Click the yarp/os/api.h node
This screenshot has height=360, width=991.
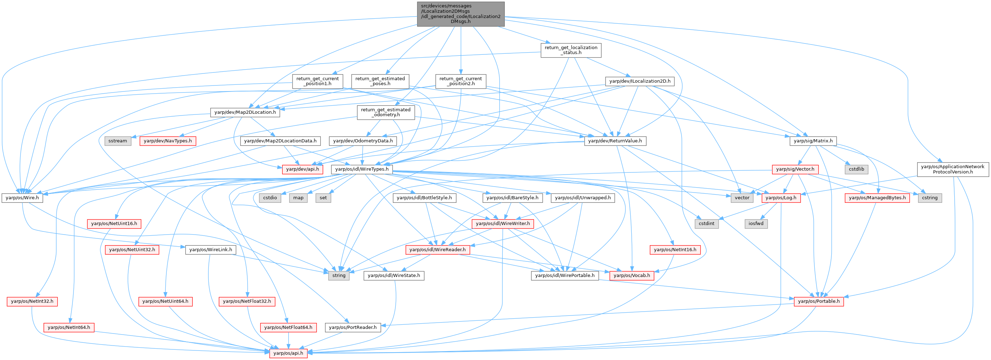coord(288,353)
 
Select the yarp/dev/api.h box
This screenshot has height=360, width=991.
coord(302,169)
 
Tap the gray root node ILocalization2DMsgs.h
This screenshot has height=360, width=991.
coord(460,14)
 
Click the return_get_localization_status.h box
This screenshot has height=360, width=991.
coord(571,50)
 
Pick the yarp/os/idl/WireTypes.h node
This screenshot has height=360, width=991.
coord(362,169)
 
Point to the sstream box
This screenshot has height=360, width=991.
coord(118,141)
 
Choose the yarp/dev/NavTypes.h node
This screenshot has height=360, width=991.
coord(168,141)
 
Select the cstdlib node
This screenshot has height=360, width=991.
coord(856,169)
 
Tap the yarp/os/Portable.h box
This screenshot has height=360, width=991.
coord(819,301)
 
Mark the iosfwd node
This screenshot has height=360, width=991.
coord(756,224)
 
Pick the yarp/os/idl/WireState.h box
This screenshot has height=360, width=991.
coord(394,275)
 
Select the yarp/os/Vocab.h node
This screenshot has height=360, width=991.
coord(632,275)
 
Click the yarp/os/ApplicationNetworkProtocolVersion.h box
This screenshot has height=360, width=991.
coord(952,169)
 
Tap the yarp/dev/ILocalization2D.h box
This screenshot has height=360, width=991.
coord(640,81)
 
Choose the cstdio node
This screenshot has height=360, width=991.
coord(270,198)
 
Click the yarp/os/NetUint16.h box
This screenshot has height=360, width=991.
coord(114,224)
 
